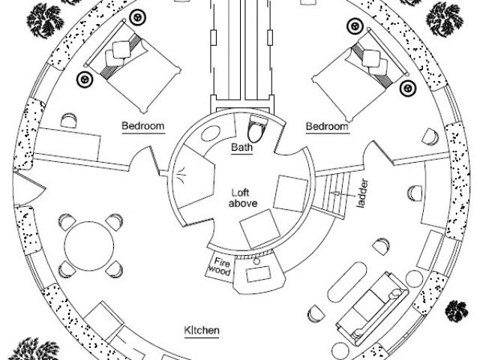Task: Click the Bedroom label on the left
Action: click(142, 126)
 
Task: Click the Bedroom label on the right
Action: click(327, 127)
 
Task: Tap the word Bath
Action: click(241, 148)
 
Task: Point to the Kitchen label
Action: click(201, 330)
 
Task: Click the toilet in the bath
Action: click(257, 131)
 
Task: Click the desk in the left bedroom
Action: click(67, 142)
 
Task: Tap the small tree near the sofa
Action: click(456, 310)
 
